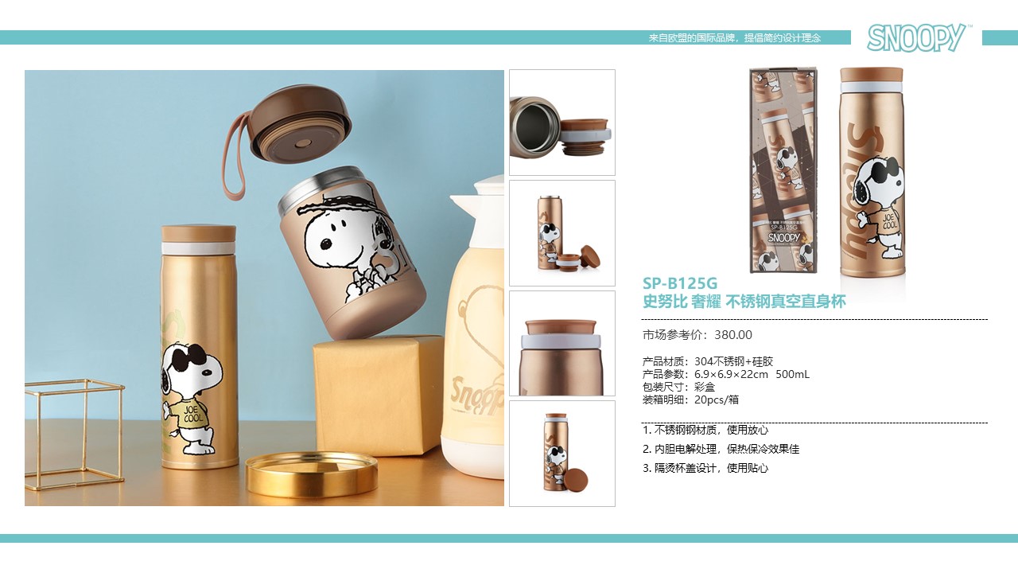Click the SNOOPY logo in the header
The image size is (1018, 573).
(918, 37)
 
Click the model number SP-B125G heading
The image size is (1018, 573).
(680, 283)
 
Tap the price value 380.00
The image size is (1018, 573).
(733, 335)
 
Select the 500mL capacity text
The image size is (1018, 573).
(792, 374)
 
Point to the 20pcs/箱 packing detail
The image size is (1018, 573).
(717, 400)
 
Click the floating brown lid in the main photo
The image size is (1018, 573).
(301, 123)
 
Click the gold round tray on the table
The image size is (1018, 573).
(312, 474)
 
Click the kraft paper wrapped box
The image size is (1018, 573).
(378, 395)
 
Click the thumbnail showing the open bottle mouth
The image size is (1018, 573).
(562, 123)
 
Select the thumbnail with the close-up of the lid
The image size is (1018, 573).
(562, 343)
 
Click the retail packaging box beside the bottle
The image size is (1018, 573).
(783, 170)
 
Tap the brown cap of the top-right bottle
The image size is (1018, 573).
(871, 75)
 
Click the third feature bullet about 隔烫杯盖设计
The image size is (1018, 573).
(705, 468)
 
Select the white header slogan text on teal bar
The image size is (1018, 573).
(734, 37)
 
